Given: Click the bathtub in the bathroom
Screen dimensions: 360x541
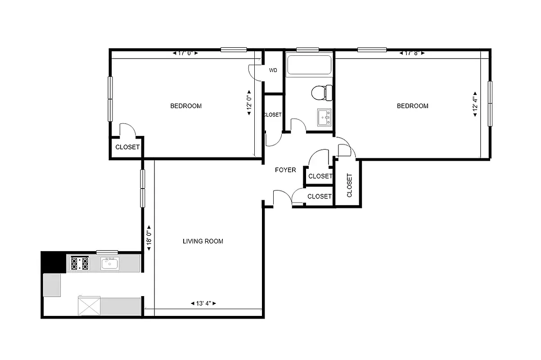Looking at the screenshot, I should [309, 65].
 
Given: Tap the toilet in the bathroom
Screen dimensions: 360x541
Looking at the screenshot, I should [321, 93].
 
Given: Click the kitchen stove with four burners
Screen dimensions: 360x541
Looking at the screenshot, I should [79, 263].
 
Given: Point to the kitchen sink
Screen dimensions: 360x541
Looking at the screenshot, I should [109, 263].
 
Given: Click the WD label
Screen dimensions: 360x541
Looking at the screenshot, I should [273, 71].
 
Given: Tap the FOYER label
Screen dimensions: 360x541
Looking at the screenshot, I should [285, 170].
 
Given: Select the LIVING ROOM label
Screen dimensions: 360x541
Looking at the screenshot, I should [203, 241].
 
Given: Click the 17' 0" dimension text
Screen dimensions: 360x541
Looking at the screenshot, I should [185, 53].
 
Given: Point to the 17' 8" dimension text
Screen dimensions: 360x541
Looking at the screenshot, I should [412, 53].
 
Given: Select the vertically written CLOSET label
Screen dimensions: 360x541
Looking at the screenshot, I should [349, 185].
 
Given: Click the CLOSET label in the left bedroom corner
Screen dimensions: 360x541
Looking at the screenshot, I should [127, 147].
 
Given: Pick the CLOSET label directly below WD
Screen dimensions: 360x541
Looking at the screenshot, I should [272, 115].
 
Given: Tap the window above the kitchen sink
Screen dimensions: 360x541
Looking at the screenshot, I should [107, 252].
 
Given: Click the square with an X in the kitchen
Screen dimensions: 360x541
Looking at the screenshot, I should [89, 306].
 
